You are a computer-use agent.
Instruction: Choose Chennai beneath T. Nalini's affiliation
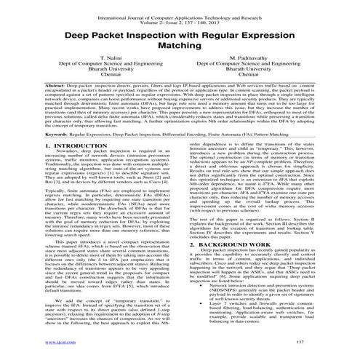point(96,74)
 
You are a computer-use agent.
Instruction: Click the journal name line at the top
point(180,6)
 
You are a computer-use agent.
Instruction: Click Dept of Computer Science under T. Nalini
point(96,64)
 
